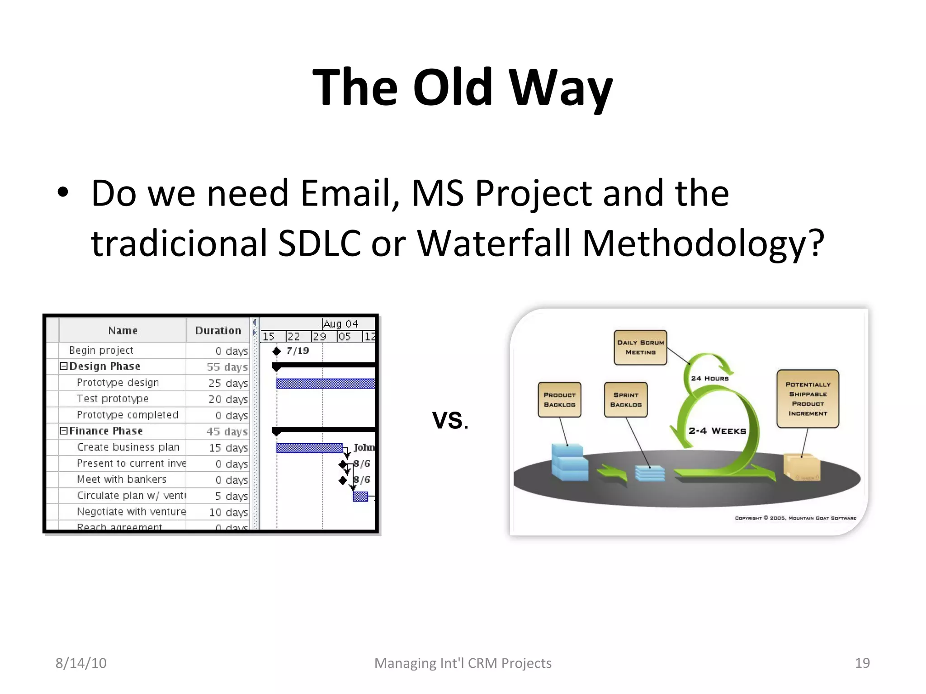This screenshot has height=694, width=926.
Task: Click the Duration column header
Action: pyautogui.click(x=218, y=331)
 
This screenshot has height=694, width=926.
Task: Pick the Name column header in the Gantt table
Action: pyautogui.click(x=123, y=331)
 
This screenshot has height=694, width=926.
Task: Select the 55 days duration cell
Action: pyautogui.click(x=227, y=367)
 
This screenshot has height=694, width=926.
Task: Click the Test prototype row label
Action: pyautogui.click(x=113, y=399)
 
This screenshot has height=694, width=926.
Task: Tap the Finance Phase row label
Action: pyautogui.click(x=106, y=431)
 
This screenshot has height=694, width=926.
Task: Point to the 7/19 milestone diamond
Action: pyautogui.click(x=277, y=351)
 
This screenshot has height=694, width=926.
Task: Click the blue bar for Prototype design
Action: pyautogui.click(x=326, y=384)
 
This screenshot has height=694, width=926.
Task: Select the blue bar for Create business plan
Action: pyautogui.click(x=309, y=448)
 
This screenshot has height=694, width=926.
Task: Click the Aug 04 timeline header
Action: pyautogui.click(x=341, y=324)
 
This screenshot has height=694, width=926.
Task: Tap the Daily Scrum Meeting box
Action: pyautogui.click(x=640, y=347)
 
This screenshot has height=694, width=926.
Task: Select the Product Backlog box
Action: pyautogui.click(x=559, y=400)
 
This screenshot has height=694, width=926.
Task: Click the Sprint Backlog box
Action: pyautogui.click(x=626, y=400)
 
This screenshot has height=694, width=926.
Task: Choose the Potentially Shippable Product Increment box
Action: pyautogui.click(x=808, y=399)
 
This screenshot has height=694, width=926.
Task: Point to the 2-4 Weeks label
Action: pyautogui.click(x=717, y=431)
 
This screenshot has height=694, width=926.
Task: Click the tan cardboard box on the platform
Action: pyautogui.click(x=802, y=468)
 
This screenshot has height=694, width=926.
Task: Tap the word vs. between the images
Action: pyautogui.click(x=450, y=420)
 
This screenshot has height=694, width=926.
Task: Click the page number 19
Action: pyautogui.click(x=862, y=663)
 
